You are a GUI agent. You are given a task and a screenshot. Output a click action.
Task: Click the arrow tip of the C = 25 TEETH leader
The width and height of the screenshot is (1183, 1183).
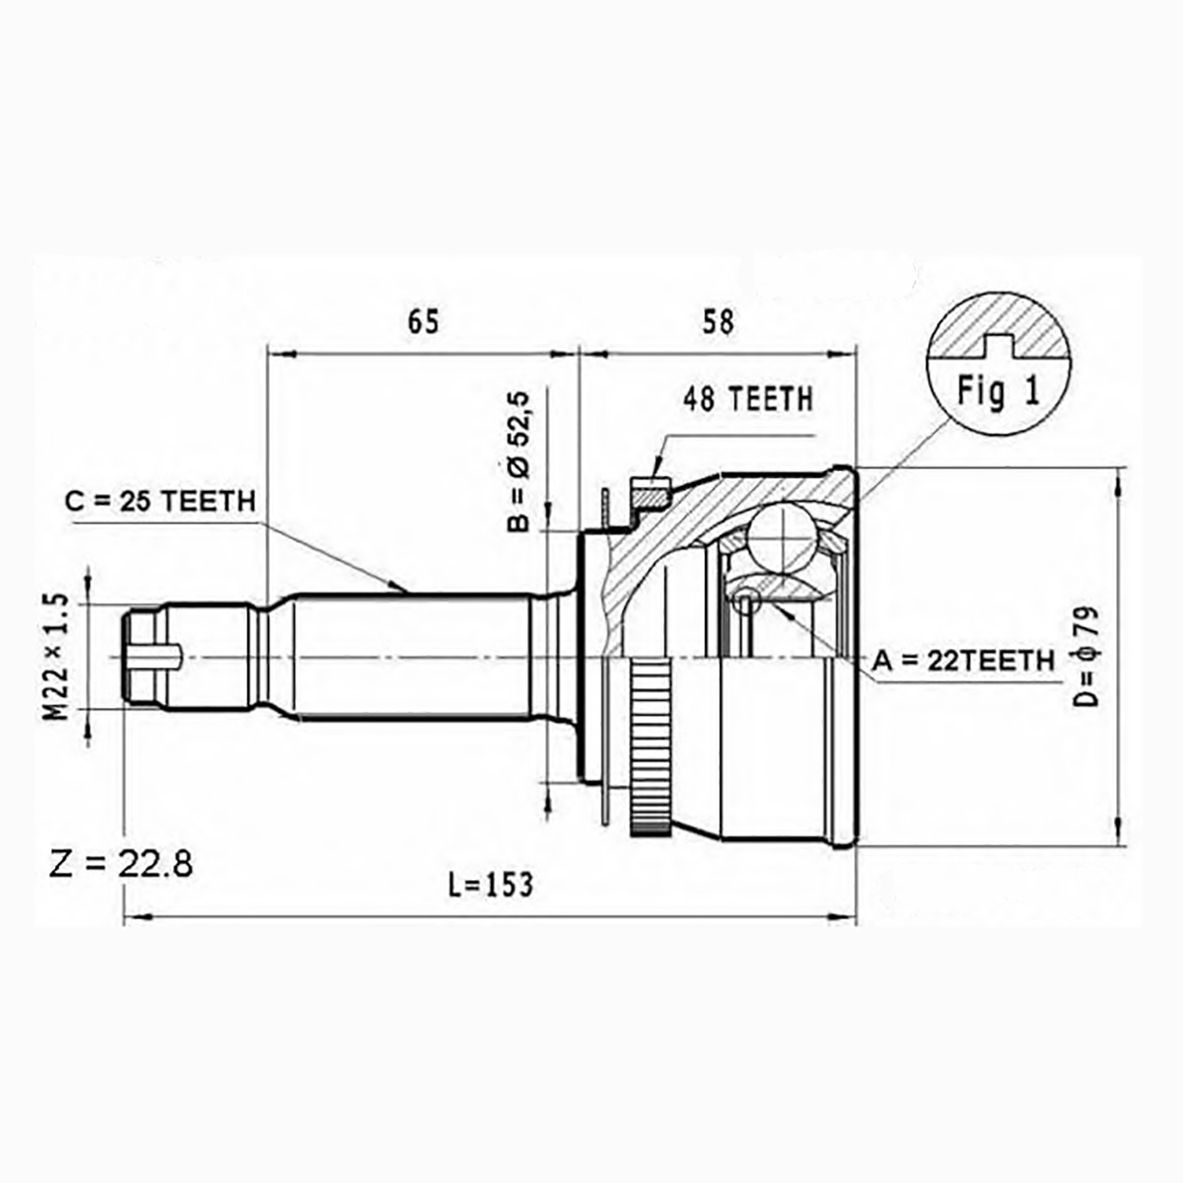tap(407, 592)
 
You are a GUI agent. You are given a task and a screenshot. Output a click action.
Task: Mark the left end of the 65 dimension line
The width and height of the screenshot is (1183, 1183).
tap(269, 354)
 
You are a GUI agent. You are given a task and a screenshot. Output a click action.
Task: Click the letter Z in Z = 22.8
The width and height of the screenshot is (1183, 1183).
tap(59, 864)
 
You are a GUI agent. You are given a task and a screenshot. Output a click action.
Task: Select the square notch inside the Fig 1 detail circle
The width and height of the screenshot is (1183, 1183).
tap(999, 346)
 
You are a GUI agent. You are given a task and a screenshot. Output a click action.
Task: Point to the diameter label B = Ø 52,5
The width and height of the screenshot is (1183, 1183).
tap(519, 460)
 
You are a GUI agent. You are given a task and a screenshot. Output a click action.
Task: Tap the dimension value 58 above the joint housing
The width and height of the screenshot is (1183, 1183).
tap(717, 321)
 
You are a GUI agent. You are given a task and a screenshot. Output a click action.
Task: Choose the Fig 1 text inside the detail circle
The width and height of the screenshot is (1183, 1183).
tap(999, 390)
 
